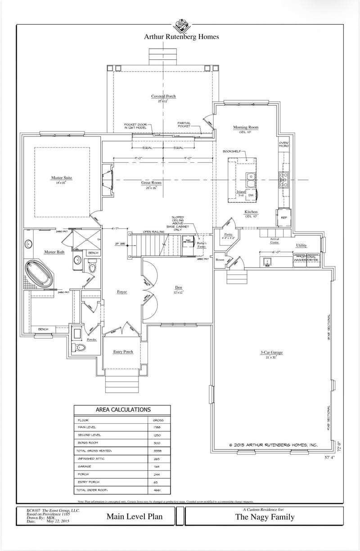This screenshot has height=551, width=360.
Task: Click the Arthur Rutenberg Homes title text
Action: click(181, 37)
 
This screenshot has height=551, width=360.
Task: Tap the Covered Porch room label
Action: click(163, 96)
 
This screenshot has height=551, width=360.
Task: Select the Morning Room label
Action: click(246, 127)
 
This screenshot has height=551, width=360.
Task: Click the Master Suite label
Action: click(61, 178)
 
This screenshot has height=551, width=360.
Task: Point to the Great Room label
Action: click(151, 183)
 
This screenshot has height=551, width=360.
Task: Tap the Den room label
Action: click(178, 287)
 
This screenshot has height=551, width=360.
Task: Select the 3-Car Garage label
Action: click(271, 352)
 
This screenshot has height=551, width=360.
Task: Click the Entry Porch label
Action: click(123, 352)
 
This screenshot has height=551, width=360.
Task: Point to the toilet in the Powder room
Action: click(81, 347)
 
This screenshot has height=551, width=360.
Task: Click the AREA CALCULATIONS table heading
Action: click(123, 410)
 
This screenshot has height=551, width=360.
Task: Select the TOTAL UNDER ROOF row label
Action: click(92, 490)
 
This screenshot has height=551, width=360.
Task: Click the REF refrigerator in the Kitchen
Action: click(284, 217)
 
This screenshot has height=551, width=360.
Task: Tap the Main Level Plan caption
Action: click(135, 516)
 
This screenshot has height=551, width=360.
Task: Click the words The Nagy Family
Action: click(265, 517)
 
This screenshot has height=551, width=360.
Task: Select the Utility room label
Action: click(301, 245)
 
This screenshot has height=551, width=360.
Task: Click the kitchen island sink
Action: click(251, 180)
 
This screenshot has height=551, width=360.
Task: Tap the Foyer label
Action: click(122, 292)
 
